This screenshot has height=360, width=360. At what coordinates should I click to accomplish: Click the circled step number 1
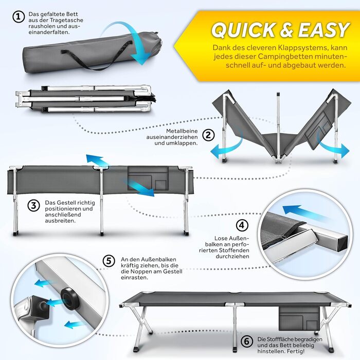pyautogui.click(x=19, y=17)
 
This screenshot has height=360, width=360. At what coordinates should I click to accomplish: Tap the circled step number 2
pyautogui.click(x=208, y=135)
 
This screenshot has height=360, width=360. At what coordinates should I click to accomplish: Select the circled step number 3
pyautogui.click(x=33, y=205)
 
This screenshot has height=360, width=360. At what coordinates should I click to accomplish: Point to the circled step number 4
pyautogui.click(x=242, y=225)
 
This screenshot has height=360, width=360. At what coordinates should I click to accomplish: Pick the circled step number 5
pyautogui.click(x=109, y=261)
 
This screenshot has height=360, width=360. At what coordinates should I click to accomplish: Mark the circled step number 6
pyautogui.click(x=247, y=341)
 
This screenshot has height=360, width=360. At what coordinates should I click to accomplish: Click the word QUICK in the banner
pyautogui.click(x=243, y=30)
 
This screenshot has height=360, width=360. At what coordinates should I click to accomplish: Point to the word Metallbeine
pyautogui.click(x=182, y=131)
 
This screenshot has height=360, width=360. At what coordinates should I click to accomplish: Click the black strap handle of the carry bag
pyautogui.click(x=97, y=56)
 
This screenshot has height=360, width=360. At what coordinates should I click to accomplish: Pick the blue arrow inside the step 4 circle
pyautogui.click(x=303, y=212)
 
